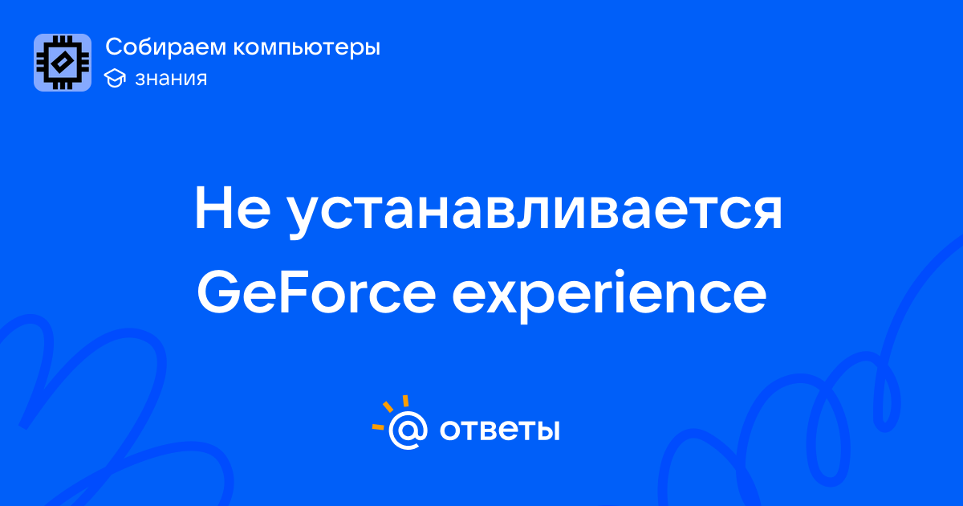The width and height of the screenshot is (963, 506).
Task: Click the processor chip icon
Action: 63,63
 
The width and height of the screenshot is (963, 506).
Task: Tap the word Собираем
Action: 165,47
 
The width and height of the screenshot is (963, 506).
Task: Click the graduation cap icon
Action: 115,78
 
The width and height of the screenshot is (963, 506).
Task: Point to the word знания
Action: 171,79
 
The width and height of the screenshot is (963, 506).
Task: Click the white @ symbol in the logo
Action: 408,431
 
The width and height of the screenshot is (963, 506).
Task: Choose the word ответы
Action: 499,430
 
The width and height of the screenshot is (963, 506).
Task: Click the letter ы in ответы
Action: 547,431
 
